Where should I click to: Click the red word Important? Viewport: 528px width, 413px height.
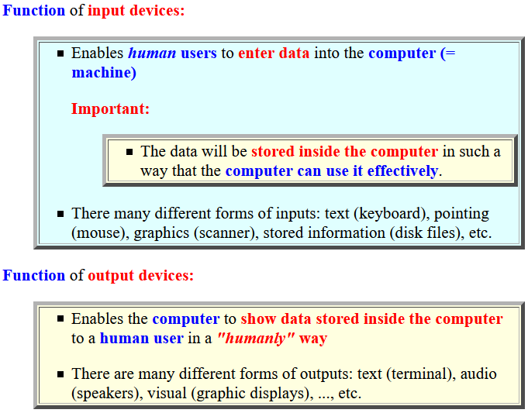[x=110, y=108]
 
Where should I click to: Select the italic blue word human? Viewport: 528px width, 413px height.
[x=152, y=53]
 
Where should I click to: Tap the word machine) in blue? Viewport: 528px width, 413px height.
[x=104, y=73]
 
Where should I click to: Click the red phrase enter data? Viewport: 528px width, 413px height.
[x=274, y=53]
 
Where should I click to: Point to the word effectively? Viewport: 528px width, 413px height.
[x=402, y=171]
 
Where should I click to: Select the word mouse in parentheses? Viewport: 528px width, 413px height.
[x=98, y=233]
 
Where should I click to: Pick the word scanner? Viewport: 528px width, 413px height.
[x=224, y=233]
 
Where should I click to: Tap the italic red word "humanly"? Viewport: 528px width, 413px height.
[x=257, y=339]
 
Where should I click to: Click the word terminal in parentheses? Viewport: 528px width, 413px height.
[x=419, y=374]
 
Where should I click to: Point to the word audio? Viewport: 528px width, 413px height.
[x=478, y=374]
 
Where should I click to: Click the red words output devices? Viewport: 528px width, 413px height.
[x=141, y=276]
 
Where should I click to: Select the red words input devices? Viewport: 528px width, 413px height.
[x=136, y=11]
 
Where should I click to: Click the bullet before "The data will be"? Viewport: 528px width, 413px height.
[x=129, y=152]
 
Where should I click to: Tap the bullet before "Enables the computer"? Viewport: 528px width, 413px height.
[x=60, y=318]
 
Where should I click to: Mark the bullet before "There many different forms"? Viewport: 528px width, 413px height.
[x=60, y=214]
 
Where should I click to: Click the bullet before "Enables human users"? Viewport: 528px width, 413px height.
[x=60, y=53]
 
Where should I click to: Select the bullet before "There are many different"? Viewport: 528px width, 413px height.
[x=60, y=374]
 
